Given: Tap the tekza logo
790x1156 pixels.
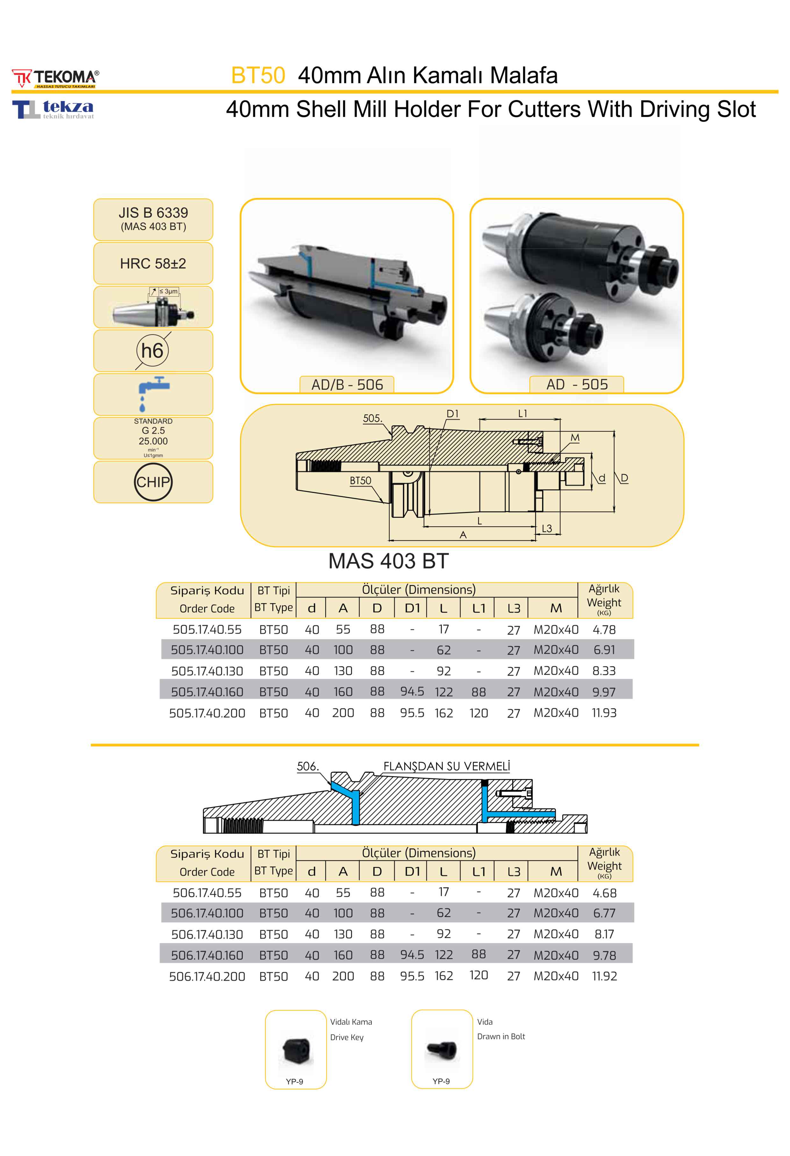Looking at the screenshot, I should (x=53, y=109).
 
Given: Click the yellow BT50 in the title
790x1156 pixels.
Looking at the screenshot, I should (x=258, y=76).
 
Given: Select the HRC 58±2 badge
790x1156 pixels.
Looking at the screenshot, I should (x=153, y=264).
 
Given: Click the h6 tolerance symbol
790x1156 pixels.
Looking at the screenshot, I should (x=153, y=351).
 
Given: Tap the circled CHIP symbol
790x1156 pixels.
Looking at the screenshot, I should (x=153, y=482).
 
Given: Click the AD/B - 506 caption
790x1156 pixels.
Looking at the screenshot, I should (x=347, y=385).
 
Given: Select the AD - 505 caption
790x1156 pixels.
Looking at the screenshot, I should (x=577, y=385).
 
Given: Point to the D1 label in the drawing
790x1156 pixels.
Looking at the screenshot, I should (x=452, y=414).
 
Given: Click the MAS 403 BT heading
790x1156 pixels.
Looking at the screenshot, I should (x=388, y=561).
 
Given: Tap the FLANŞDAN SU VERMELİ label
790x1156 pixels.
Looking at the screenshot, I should (x=447, y=767).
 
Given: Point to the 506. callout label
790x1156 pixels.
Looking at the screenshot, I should (x=308, y=767).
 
